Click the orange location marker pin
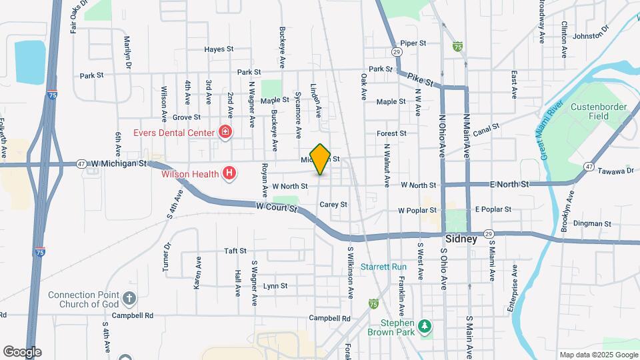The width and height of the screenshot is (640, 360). pyautogui.click(x=321, y=159)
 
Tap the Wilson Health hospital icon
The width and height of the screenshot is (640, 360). pyautogui.click(x=229, y=175)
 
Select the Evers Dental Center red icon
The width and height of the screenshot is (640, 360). pyautogui.click(x=225, y=132)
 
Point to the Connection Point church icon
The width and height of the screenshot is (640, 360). pyautogui.click(x=129, y=296)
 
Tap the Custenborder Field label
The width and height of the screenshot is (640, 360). pyautogui.click(x=594, y=111)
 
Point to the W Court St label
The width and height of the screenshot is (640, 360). pyautogui.click(x=275, y=207)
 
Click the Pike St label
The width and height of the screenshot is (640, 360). pyautogui.click(x=421, y=81)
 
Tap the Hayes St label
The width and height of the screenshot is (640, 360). pyautogui.click(x=219, y=49)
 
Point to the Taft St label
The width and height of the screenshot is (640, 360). pyautogui.click(x=235, y=251)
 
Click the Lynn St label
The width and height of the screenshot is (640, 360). pyautogui.click(x=275, y=286)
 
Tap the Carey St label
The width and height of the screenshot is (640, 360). pyautogui.click(x=333, y=205)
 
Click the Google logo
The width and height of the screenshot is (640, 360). pyautogui.click(x=22, y=351)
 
